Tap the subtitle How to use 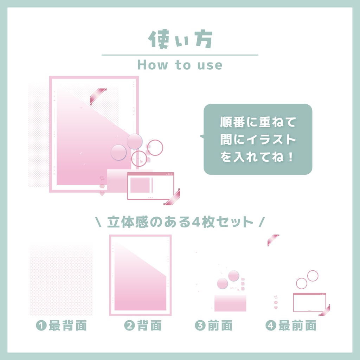(x=180, y=65)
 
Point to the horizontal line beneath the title (x=180, y=55)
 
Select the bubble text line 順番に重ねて (x=258, y=123)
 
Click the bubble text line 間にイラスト (x=258, y=140)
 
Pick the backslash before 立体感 (x=99, y=222)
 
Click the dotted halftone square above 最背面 (x=61, y=281)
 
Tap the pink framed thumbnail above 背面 (x=140, y=275)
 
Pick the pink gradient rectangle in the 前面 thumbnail (x=230, y=303)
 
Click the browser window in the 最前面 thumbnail (x=309, y=302)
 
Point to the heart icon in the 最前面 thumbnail (x=276, y=308)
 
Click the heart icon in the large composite (x=102, y=193)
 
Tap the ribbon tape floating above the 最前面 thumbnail (x=273, y=240)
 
